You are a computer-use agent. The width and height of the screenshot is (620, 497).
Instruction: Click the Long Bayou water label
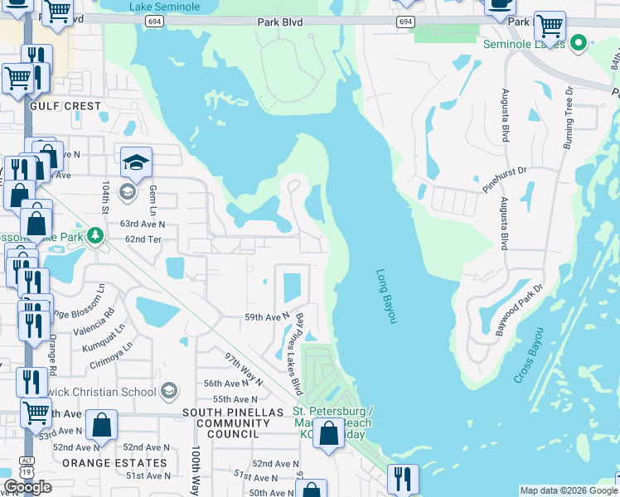[387, 297]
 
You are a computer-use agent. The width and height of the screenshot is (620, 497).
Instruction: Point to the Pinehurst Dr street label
[505, 181]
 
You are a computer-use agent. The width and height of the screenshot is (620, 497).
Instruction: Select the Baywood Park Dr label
[518, 311]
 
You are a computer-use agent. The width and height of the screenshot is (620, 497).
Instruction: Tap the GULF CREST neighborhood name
[65, 107]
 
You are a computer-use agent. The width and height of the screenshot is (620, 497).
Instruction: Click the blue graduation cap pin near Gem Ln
[136, 162]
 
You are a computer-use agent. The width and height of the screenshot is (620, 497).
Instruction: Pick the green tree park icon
[96, 237]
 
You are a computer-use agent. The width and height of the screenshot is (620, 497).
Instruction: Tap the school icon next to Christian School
[169, 391]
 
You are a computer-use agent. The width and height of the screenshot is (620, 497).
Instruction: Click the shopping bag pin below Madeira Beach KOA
[329, 433]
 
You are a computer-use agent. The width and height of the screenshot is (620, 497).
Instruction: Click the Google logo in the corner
[27, 488]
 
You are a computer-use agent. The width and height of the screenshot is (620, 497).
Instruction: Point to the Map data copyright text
[568, 490]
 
